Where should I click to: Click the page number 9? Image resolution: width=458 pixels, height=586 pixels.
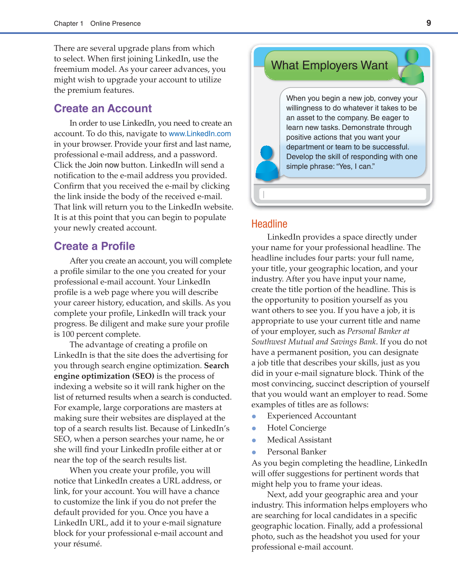pyautogui.click(x=429, y=23)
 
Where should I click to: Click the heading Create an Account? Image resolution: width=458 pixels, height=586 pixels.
pyautogui.click(x=103, y=109)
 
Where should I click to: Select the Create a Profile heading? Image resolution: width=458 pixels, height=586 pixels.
pyautogui.click(x=94, y=246)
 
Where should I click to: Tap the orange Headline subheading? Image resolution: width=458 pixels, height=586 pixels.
pyautogui.click(x=269, y=224)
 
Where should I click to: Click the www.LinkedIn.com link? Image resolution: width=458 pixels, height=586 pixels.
pyautogui.click(x=200, y=134)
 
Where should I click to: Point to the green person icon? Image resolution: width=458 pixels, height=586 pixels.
pyautogui.click(x=412, y=68)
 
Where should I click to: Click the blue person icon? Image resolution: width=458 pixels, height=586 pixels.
pyautogui.click(x=267, y=163)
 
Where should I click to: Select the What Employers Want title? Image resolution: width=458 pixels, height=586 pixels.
pyautogui.click(x=329, y=65)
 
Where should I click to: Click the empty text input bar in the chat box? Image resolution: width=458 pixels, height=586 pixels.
pyautogui.click(x=342, y=194)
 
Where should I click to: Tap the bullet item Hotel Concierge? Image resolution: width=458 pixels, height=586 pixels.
pyautogui.click(x=296, y=428)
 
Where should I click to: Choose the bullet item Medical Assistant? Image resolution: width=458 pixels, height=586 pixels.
pyautogui.click(x=299, y=440)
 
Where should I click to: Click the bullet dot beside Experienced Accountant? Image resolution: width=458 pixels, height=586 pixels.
pyautogui.click(x=254, y=416)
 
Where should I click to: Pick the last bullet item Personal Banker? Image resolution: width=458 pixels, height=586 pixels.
pyautogui.click(x=296, y=452)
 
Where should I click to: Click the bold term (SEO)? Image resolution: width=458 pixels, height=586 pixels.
pyautogui.click(x=143, y=376)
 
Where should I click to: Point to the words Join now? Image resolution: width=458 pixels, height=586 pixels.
pyautogui.click(x=103, y=165)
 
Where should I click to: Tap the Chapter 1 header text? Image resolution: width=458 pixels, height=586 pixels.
pyautogui.click(x=69, y=23)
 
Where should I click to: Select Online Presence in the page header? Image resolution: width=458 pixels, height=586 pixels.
pyautogui.click(x=115, y=23)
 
